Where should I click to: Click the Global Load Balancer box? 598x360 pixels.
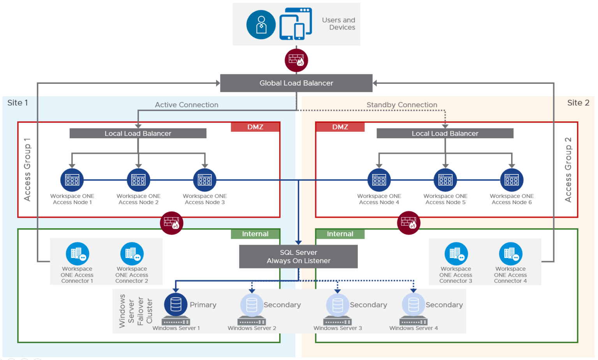click(296, 83)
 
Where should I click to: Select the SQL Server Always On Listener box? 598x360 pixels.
click(298, 256)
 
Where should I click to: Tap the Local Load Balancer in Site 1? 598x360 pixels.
click(138, 133)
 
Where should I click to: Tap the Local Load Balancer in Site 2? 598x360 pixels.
click(445, 133)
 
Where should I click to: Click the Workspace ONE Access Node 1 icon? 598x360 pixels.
click(72, 180)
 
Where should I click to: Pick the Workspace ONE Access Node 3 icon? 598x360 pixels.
click(205, 180)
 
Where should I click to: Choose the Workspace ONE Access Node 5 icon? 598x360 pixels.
click(445, 180)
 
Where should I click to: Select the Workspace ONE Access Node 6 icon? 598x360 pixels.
click(512, 180)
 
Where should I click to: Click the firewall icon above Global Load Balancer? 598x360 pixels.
click(296, 60)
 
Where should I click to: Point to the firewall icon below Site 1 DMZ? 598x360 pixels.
click(172, 223)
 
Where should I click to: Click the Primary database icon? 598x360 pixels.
click(176, 304)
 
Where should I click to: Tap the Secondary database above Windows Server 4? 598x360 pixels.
click(413, 304)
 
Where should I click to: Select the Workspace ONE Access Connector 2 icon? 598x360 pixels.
click(132, 254)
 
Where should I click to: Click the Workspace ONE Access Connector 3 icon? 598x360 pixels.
click(456, 254)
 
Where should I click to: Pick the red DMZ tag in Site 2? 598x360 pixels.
click(340, 127)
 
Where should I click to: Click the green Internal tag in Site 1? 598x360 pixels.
click(255, 234)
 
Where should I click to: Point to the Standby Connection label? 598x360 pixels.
click(402, 105)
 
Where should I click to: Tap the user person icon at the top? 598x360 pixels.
click(261, 25)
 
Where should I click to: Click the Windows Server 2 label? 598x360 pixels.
click(252, 328)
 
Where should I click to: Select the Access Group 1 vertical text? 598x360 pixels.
click(27, 169)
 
